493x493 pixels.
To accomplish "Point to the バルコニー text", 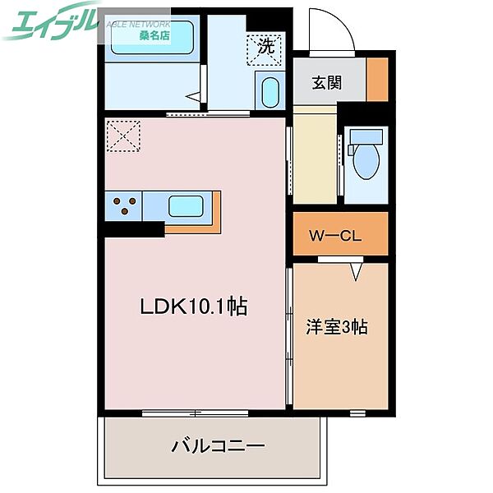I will tap(218, 447).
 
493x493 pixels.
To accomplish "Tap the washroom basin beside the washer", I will tap(269, 91).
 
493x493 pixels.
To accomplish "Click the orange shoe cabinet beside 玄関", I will tap(377, 81).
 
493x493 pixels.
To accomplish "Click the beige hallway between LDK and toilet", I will tap(315, 158).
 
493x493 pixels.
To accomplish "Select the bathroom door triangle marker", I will tap(194, 98).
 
